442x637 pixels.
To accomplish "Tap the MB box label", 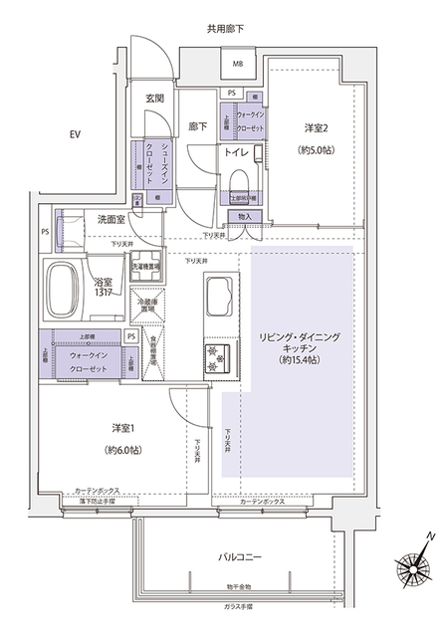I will click(238, 67).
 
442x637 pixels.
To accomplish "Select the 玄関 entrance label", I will click(155, 98).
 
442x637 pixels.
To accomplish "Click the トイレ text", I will click(237, 154).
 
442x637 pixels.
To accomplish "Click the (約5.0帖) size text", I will click(317, 153).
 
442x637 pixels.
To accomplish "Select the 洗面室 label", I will click(110, 219).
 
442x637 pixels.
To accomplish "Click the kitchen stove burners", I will click(218, 356).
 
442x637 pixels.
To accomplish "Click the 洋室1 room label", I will click(123, 428).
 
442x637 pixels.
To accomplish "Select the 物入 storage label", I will click(248, 217).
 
